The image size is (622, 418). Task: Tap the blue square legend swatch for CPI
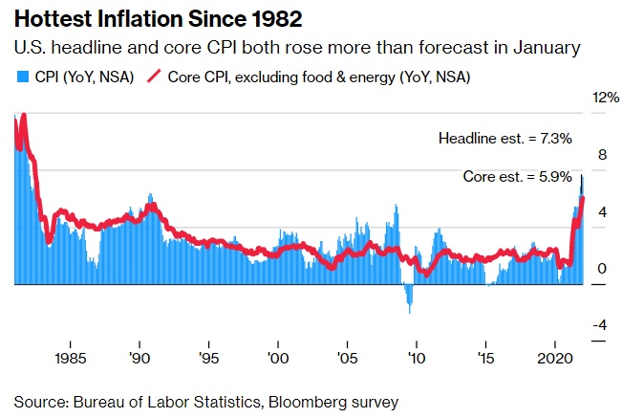pos(18,76)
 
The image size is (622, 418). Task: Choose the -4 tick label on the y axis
pos(601,326)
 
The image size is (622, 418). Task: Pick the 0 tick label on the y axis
pos(602,269)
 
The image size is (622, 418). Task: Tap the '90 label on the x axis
pos(139,362)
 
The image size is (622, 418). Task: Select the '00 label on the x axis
pos(277,362)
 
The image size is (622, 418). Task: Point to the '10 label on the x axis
pos(417,362)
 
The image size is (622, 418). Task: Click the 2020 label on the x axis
pos(555,362)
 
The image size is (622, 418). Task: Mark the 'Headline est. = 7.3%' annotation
pos(504,139)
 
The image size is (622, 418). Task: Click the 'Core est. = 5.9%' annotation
pos(517,177)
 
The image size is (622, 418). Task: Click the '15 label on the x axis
pos(485,362)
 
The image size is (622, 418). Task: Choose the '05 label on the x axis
pos(347,362)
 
